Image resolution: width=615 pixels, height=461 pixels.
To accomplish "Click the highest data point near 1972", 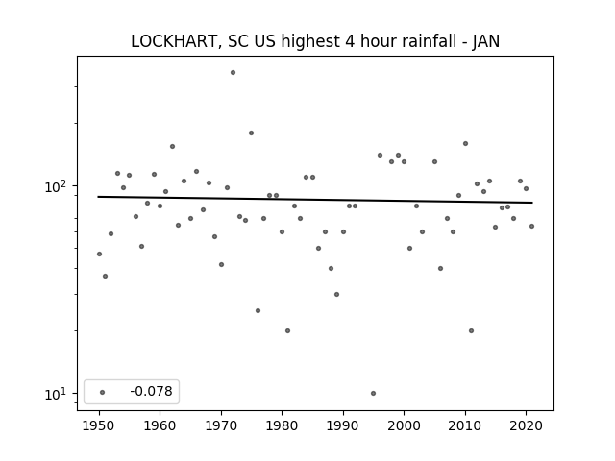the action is pyautogui.click(x=233, y=73).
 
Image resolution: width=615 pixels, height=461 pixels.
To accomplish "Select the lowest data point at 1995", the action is pyautogui.click(x=374, y=393).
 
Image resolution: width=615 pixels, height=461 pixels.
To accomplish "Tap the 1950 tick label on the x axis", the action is pyautogui.click(x=99, y=425).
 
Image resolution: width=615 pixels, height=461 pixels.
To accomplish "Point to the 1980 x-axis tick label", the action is pyautogui.click(x=282, y=425).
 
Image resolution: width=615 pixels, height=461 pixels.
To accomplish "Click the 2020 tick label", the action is pyautogui.click(x=526, y=425).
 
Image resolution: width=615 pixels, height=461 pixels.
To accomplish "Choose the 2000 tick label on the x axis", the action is pyautogui.click(x=404, y=425).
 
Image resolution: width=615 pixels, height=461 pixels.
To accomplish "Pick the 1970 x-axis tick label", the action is pyautogui.click(x=221, y=425).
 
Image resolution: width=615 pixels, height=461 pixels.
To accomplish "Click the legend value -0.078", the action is pyautogui.click(x=152, y=391).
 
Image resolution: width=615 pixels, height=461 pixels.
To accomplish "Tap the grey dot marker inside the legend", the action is pyautogui.click(x=103, y=392).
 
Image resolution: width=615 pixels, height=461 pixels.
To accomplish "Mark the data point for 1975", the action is pyautogui.click(x=252, y=133).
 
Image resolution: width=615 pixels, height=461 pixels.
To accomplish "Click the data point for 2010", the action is pyautogui.click(x=465, y=144).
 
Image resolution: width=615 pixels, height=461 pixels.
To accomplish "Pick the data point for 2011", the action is pyautogui.click(x=472, y=330).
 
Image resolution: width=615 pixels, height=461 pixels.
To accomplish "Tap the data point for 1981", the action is pyautogui.click(x=288, y=330).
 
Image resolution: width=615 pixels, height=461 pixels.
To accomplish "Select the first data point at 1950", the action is pyautogui.click(x=99, y=254).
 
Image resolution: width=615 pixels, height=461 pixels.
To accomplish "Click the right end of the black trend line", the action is pyautogui.click(x=532, y=203).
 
